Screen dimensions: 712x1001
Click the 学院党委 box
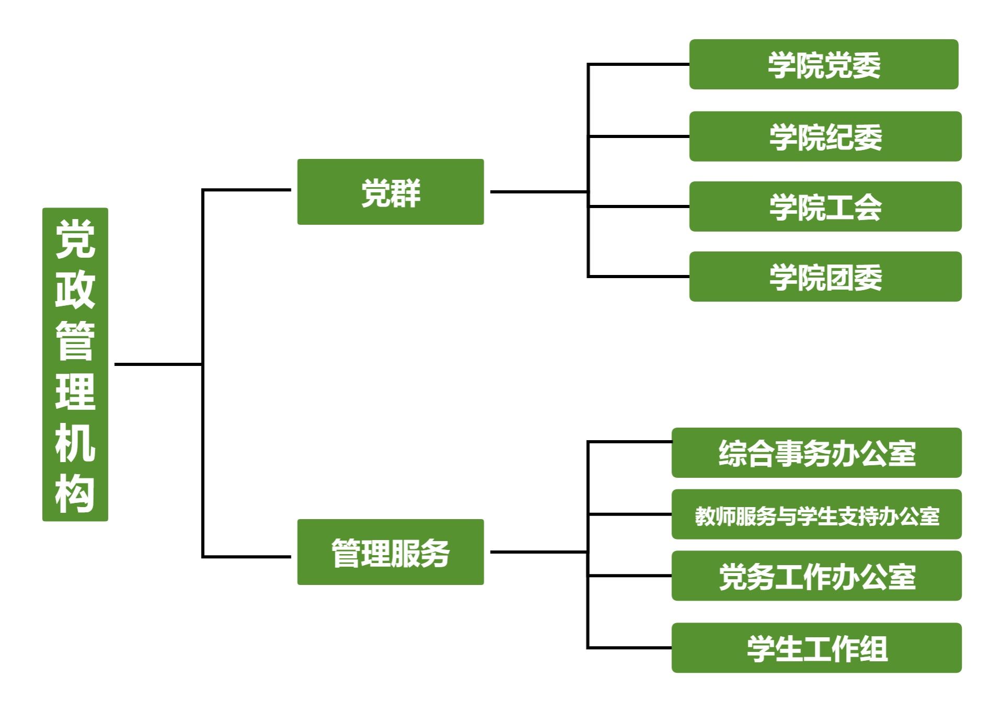click(x=823, y=64)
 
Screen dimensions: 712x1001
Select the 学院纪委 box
click(x=825, y=136)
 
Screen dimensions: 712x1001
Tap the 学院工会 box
click(x=825, y=206)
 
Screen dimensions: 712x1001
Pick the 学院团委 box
click(x=825, y=277)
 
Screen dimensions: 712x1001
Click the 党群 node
click(x=390, y=192)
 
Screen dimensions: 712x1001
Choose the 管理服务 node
click(x=390, y=552)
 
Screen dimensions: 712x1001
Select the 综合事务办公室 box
click(x=816, y=453)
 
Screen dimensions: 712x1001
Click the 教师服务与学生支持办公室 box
click(x=816, y=514)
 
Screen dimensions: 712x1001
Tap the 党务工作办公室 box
click(x=816, y=576)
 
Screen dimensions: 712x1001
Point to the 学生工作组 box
click(x=816, y=648)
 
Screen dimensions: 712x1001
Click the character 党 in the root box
click(x=75, y=239)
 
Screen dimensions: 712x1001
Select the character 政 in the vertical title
click(x=75, y=289)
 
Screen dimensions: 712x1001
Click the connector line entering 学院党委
click(x=638, y=64)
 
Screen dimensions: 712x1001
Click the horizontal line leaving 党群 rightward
click(x=539, y=192)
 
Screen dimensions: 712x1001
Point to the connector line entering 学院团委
click(x=638, y=276)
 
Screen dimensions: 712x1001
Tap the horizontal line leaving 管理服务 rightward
click(x=539, y=552)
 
